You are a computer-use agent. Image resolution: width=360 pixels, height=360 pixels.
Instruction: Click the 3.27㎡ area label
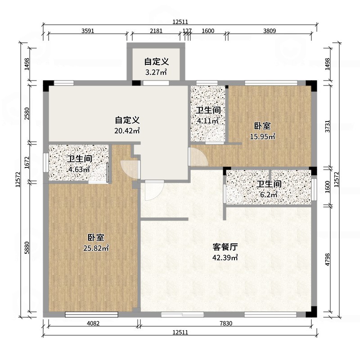click(x=156, y=72)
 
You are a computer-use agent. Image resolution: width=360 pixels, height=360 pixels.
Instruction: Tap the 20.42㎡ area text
click(x=127, y=131)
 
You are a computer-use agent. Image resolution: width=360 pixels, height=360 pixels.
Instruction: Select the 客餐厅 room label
click(x=225, y=247)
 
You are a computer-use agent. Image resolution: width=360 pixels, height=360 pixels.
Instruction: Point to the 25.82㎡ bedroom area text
click(x=96, y=248)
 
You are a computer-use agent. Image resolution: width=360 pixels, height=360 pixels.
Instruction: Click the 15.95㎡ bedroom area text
click(x=262, y=137)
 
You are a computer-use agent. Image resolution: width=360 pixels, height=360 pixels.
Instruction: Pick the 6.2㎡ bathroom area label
click(x=269, y=195)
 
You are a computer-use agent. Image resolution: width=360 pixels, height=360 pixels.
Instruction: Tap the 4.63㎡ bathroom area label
click(x=79, y=170)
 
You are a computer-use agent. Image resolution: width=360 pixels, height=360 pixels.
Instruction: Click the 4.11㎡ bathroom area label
click(x=208, y=121)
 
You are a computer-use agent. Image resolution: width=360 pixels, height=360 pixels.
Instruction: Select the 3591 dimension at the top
click(x=88, y=31)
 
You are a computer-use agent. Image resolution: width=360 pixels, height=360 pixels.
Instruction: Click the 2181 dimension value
click(x=156, y=31)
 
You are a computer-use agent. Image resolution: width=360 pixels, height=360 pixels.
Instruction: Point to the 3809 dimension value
click(x=270, y=31)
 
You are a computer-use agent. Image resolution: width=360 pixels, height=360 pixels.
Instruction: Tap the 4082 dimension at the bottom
click(x=93, y=324)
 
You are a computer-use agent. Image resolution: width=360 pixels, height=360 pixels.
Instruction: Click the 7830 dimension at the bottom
click(x=226, y=324)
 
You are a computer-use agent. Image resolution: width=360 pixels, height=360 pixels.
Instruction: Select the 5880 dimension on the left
click(x=27, y=247)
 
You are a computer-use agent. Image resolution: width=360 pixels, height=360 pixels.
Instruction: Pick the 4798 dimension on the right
click(x=328, y=260)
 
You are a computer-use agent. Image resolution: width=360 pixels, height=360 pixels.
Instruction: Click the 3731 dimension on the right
click(x=328, y=126)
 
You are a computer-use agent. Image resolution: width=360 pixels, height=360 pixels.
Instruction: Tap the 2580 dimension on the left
click(x=27, y=113)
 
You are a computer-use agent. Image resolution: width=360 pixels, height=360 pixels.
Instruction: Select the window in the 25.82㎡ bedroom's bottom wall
click(x=92, y=314)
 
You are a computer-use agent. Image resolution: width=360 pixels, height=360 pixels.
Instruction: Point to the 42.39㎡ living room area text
click(x=225, y=257)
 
